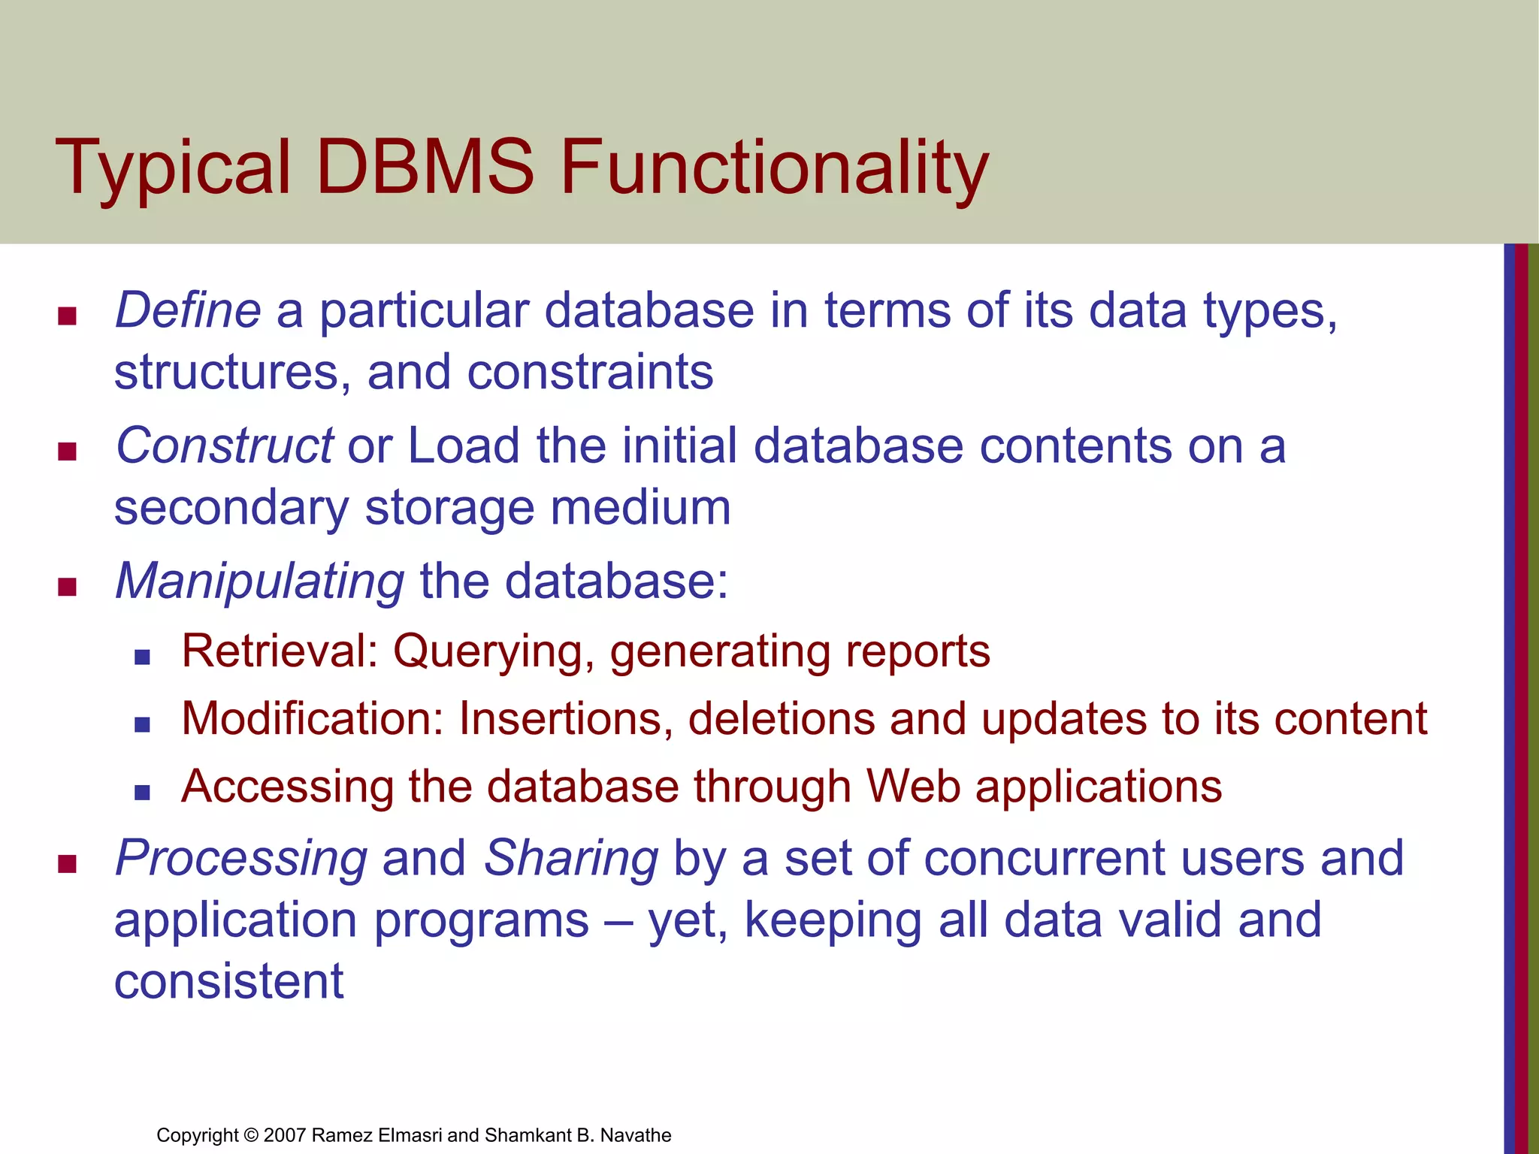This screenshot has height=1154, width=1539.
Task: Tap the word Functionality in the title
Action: click(774, 169)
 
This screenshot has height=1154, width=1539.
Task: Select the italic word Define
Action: click(188, 310)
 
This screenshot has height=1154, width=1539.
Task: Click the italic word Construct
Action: click(224, 446)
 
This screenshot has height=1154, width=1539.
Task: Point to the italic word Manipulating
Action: click(260, 582)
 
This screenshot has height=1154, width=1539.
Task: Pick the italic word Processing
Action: click(241, 858)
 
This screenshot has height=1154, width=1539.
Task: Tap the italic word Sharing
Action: click(571, 858)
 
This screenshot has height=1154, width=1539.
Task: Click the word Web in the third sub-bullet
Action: click(913, 787)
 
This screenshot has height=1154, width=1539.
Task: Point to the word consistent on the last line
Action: click(228, 981)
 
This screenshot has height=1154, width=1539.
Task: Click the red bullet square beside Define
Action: click(68, 316)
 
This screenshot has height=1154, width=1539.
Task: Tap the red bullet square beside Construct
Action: click(68, 452)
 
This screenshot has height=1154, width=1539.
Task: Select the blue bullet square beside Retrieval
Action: click(142, 657)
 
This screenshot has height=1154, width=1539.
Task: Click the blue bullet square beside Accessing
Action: click(142, 793)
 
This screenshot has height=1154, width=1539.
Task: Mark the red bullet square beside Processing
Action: click(68, 864)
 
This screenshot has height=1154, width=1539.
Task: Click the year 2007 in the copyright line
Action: click(285, 1135)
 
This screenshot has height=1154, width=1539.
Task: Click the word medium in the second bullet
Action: click(640, 508)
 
